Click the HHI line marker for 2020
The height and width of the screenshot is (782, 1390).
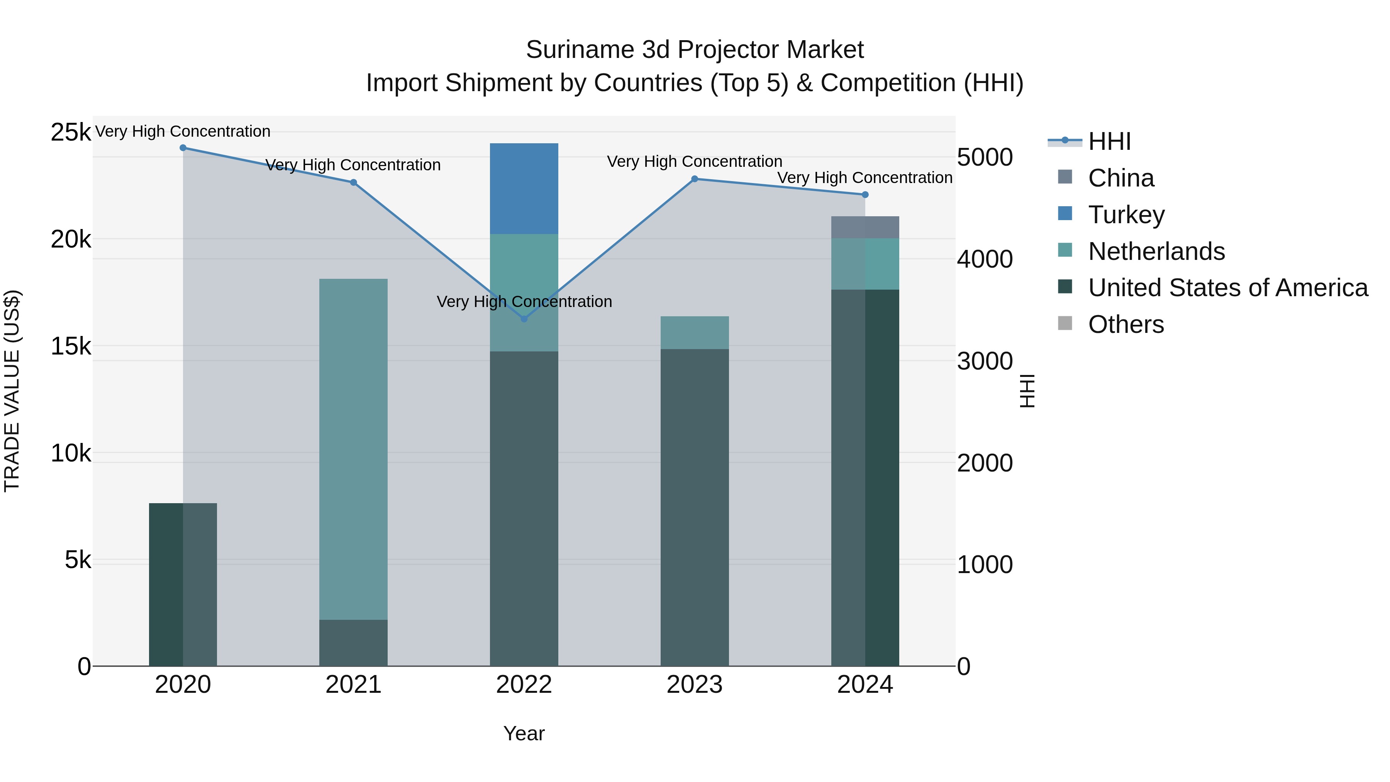[x=183, y=148]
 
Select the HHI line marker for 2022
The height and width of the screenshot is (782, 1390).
[x=524, y=319]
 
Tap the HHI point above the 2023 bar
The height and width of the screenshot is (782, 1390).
[x=695, y=179]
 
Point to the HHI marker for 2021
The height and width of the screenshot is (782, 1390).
[x=353, y=182]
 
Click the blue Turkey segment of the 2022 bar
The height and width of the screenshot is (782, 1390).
[x=524, y=188]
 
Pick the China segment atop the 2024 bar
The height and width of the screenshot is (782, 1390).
[x=865, y=227]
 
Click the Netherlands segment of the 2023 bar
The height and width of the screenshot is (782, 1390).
[x=695, y=332]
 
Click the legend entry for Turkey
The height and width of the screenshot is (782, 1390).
[x=1126, y=215]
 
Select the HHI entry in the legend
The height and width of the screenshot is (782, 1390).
[x=1109, y=141]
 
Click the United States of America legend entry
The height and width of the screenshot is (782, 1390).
[x=1227, y=288]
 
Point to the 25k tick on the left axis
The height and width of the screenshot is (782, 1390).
[x=71, y=132]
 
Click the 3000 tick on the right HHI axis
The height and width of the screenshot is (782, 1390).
[x=985, y=361]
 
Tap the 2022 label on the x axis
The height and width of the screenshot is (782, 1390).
[x=524, y=685]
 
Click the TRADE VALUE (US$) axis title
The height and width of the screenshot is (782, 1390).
[x=12, y=391]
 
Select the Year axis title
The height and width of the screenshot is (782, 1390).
[x=524, y=733]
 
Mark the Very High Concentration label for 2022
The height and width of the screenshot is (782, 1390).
[x=524, y=302]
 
